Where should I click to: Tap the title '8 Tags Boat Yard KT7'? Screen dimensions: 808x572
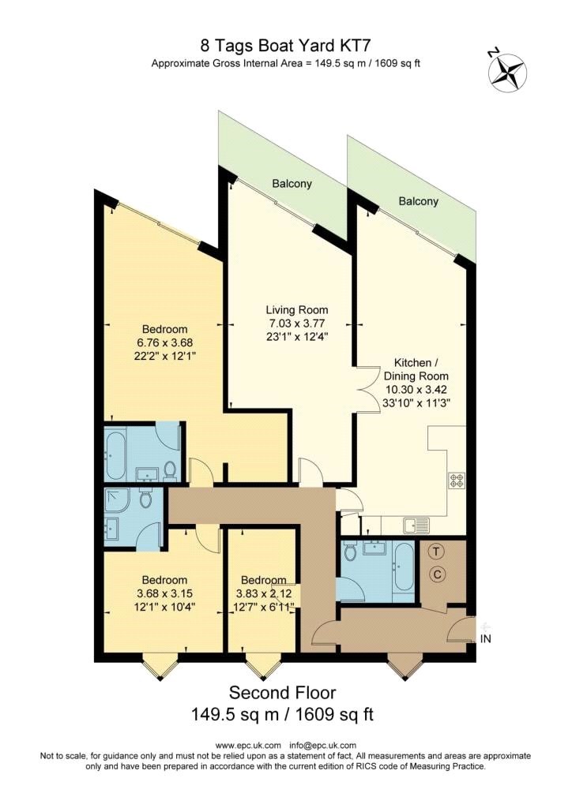(285, 47)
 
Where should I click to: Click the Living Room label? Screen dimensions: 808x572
(296, 309)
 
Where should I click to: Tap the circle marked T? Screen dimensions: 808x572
(438, 552)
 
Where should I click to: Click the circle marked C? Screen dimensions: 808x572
(438, 576)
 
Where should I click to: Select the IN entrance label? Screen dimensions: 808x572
(486, 639)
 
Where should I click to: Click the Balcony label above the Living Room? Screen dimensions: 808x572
(292, 184)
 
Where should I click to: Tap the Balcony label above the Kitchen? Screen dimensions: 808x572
(418, 201)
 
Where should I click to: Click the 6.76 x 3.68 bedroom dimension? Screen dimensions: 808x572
(164, 342)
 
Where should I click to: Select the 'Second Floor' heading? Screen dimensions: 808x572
(282, 693)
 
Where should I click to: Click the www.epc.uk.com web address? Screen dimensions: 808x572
(248, 745)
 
